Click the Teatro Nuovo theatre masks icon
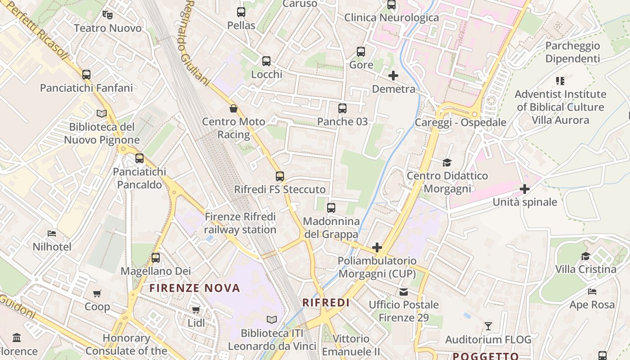click(x=107, y=15)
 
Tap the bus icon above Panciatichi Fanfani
click(x=86, y=74)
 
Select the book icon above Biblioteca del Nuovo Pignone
click(x=102, y=113)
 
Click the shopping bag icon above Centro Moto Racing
click(x=233, y=108)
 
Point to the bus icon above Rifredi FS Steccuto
click(x=280, y=176)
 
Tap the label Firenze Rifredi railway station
click(x=240, y=223)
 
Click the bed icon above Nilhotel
click(x=52, y=234)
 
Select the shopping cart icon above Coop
click(x=97, y=294)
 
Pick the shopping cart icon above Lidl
click(x=196, y=310)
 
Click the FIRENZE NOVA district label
click(x=195, y=288)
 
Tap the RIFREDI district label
click(x=326, y=303)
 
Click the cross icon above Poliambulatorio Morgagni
click(x=377, y=247)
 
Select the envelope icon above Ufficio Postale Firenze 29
click(x=404, y=292)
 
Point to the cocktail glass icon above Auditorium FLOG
click(x=488, y=326)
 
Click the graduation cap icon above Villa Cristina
click(x=585, y=256)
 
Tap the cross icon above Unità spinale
click(x=525, y=189)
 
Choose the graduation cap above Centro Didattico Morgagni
click(x=447, y=162)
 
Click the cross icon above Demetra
click(x=393, y=76)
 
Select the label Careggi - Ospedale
click(x=460, y=122)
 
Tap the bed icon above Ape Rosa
click(x=592, y=292)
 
